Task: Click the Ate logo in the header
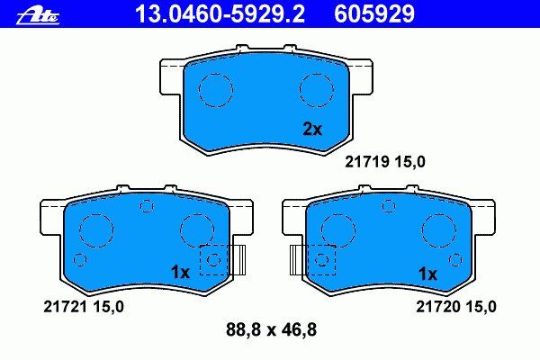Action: (x=38, y=16)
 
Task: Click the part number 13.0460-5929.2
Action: (x=220, y=14)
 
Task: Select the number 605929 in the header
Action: (x=374, y=14)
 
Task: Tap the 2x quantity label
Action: (x=312, y=130)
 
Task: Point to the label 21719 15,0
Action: (x=385, y=162)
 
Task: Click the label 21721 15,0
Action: (x=84, y=306)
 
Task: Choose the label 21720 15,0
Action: (x=456, y=306)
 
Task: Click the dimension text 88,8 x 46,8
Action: (x=271, y=329)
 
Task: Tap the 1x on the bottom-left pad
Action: (x=180, y=273)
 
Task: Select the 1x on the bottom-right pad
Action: (x=427, y=274)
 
